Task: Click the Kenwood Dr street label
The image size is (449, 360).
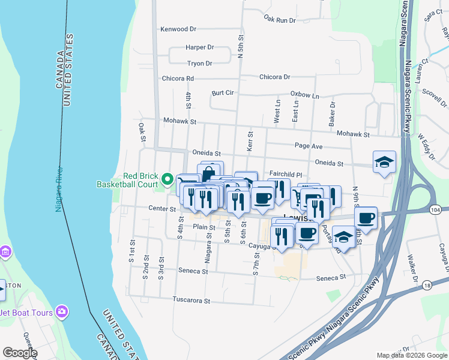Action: click(x=179, y=29)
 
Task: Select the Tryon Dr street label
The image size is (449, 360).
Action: click(x=200, y=63)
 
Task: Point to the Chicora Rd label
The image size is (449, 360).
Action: click(x=178, y=78)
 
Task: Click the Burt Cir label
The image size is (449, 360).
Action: click(x=222, y=93)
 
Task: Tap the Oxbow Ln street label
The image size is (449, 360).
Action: click(x=305, y=94)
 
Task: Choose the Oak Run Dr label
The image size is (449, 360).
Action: click(x=280, y=20)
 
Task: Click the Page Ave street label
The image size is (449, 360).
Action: click(x=309, y=146)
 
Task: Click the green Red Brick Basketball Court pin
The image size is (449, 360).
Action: click(x=167, y=179)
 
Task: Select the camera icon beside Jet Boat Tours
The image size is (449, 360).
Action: click(x=61, y=311)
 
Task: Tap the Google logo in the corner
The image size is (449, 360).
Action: click(x=20, y=353)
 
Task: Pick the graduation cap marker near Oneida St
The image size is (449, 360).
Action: click(x=384, y=163)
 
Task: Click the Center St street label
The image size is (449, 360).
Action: click(x=163, y=209)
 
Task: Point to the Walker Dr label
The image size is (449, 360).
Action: click(x=412, y=268)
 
